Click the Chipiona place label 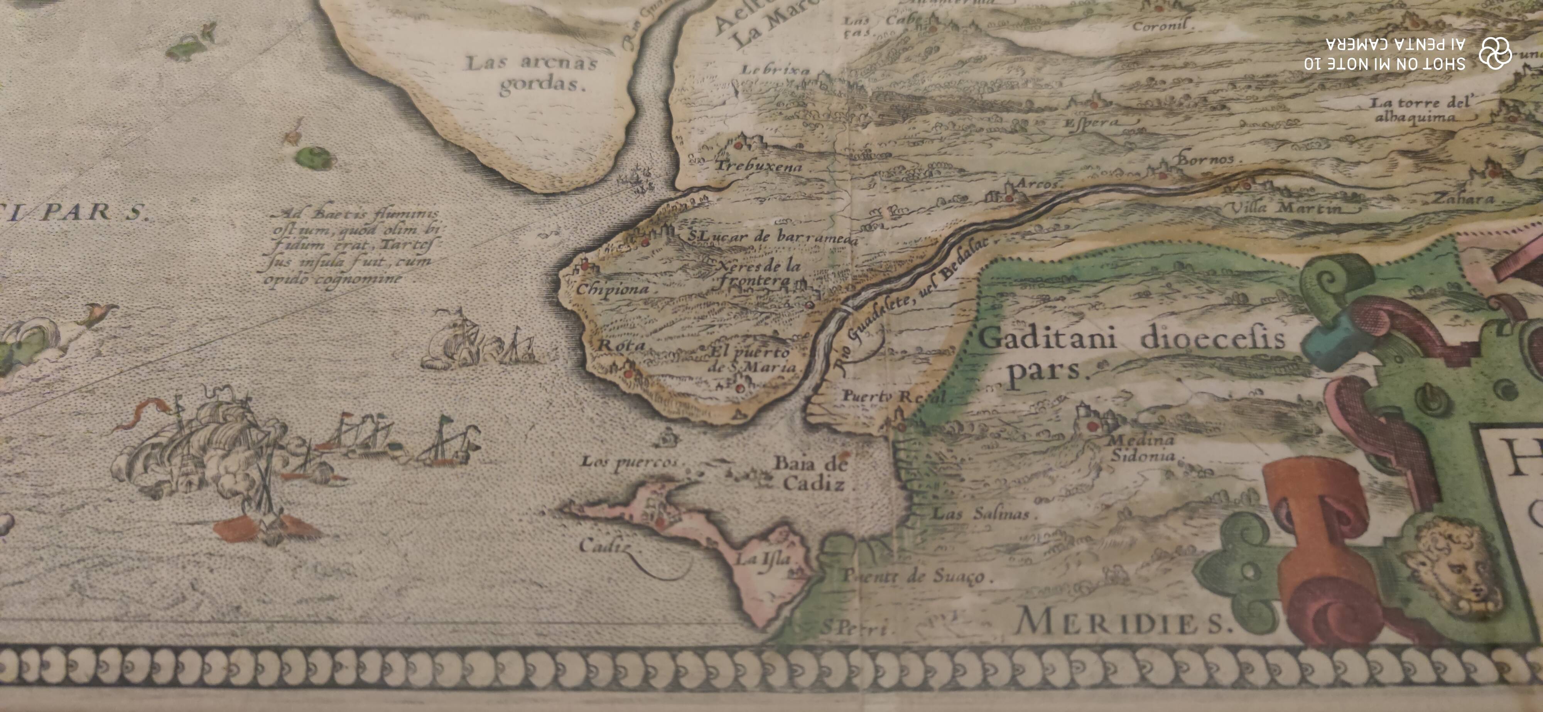click(x=612, y=289)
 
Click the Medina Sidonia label click(x=1142, y=448)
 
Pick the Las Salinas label click(x=981, y=513)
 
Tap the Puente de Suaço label click(x=917, y=576)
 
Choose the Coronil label click(x=1160, y=26)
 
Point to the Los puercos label click(x=629, y=462)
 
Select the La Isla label click(x=763, y=560)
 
